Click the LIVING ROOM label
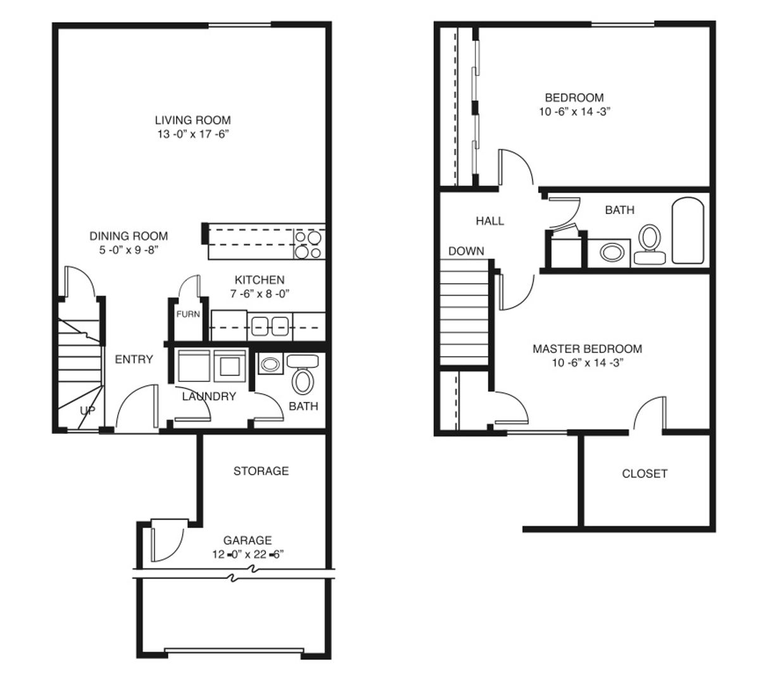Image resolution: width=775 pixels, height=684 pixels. point(192,120)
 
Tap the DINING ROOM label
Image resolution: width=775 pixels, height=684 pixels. point(129,236)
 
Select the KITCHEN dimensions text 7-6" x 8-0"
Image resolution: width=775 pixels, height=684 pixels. point(259,293)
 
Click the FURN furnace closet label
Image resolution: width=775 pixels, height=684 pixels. point(188,314)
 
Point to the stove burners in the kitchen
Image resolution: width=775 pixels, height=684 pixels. point(308,244)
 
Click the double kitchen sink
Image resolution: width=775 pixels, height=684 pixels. point(270,326)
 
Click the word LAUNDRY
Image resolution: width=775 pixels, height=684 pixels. point(209,396)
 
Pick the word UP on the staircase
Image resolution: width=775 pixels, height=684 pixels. point(87,410)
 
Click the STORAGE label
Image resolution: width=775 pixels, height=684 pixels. point(261,471)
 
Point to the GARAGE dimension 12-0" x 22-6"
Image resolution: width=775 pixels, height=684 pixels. point(248,554)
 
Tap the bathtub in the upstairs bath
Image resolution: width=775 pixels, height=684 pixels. point(688,231)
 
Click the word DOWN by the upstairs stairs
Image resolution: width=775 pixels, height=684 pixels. point(466,251)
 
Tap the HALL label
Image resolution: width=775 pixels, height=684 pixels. point(490,220)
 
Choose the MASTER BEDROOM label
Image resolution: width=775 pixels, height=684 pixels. point(587,348)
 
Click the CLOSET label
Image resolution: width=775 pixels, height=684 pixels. point(645,473)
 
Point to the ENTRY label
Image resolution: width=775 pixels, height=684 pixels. point(134,359)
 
